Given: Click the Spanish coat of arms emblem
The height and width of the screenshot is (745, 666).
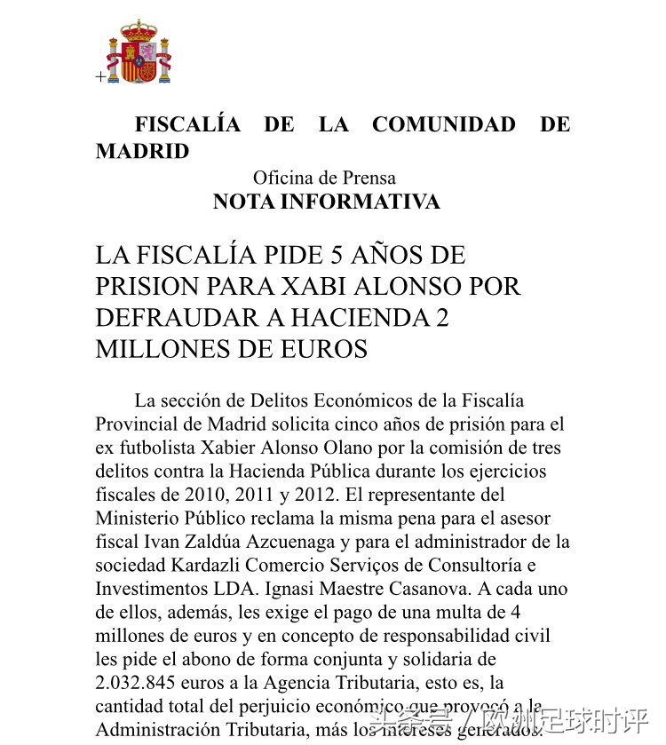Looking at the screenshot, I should (x=139, y=53).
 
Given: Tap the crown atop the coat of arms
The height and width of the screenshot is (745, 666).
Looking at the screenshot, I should (x=139, y=29).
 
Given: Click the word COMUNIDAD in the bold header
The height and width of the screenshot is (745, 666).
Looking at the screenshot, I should (x=443, y=125).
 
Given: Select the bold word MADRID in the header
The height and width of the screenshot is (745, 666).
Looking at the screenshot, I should (x=142, y=152).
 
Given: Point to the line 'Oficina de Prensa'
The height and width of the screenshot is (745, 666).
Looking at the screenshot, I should (x=324, y=178).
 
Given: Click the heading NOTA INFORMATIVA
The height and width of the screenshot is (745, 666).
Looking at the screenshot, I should (x=326, y=202).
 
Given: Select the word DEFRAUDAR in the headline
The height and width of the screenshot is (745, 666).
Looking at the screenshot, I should (x=172, y=318).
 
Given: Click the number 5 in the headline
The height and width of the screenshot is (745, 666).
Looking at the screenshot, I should (x=336, y=256).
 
